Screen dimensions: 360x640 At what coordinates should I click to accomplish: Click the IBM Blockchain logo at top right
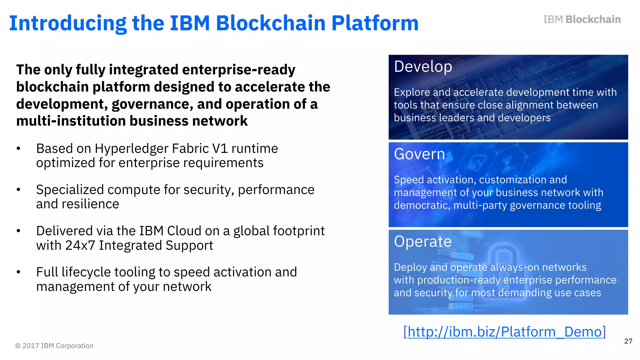click(582, 19)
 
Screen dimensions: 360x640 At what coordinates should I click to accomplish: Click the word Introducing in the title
click(67, 23)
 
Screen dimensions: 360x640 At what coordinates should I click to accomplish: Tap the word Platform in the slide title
click(375, 23)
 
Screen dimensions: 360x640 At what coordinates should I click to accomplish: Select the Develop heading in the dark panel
click(423, 67)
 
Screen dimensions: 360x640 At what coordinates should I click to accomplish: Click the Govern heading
click(419, 154)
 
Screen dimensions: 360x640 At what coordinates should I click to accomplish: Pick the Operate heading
click(422, 242)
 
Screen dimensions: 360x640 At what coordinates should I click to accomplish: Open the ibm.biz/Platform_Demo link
click(504, 332)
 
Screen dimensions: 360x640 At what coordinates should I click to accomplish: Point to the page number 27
click(628, 341)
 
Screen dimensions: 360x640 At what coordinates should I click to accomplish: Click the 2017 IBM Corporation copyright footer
click(54, 346)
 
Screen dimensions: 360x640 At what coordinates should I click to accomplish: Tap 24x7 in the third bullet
click(80, 245)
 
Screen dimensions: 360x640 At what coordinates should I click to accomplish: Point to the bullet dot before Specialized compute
click(18, 190)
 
